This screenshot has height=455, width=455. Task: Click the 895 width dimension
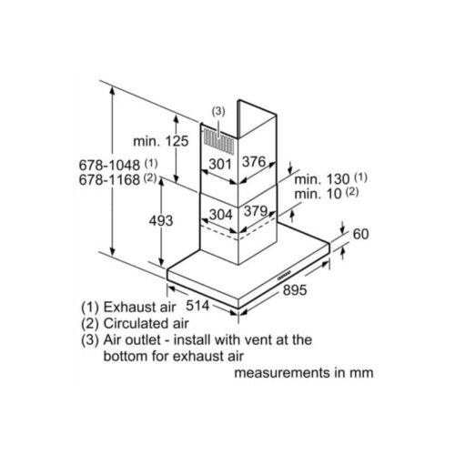tap(295, 290)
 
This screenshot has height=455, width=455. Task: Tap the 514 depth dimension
tap(197, 306)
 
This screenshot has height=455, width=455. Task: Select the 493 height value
tap(161, 220)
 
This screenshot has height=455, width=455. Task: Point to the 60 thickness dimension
tap(361, 234)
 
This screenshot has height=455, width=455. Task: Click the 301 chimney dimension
tap(220, 164)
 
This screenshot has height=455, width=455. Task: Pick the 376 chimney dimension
tap(254, 162)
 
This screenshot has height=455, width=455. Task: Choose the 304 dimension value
tap(221, 215)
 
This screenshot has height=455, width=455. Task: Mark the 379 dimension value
tap(256, 211)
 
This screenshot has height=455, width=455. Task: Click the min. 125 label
tap(161, 141)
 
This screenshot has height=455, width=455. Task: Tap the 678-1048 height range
tap(109, 166)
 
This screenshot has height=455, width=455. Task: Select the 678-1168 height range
tap(109, 179)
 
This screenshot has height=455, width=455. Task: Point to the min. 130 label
tap(322, 179)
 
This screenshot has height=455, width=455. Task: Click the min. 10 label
tap(318, 194)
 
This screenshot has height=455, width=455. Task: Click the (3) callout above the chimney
tap(218, 112)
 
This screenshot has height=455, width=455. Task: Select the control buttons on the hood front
tap(284, 274)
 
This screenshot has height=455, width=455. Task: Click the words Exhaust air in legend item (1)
tap(139, 308)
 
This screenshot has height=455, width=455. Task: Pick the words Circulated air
tap(147, 323)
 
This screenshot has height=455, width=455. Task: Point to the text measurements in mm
tap(304, 372)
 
